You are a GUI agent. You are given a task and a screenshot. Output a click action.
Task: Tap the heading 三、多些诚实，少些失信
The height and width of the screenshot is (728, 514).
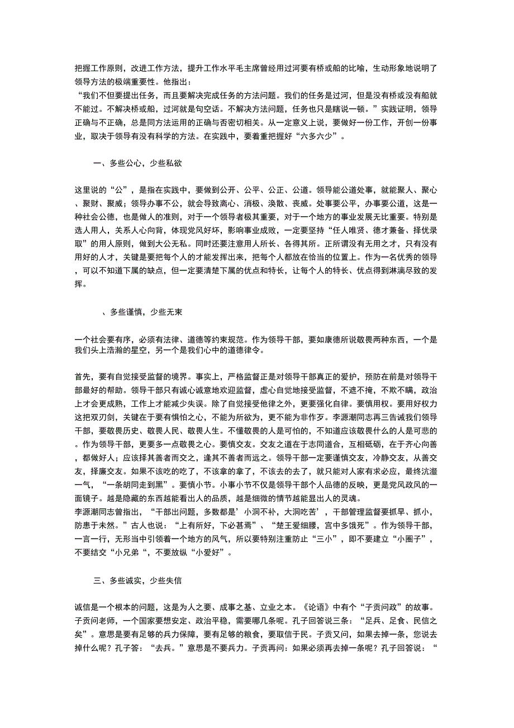pyautogui.click(x=137, y=566)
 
